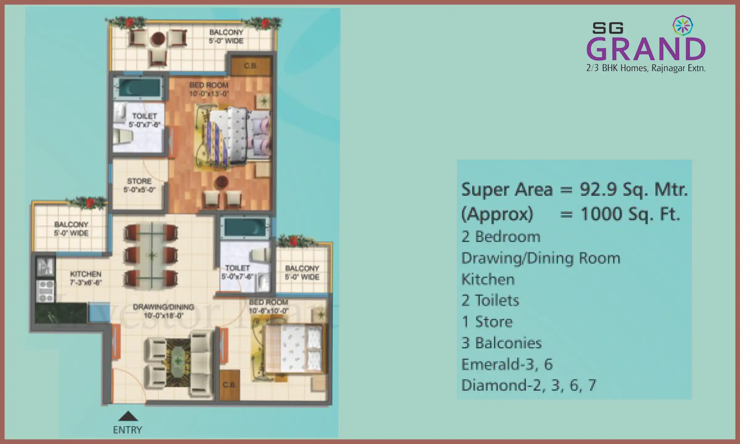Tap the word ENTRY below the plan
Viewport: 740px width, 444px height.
[x=127, y=430]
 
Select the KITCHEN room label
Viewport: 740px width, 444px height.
[x=85, y=274]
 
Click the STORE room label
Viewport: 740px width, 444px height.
[x=139, y=181]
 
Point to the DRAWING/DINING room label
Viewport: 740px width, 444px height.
[x=163, y=307]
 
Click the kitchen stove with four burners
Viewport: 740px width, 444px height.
[x=46, y=291]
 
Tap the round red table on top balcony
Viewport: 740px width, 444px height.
[x=158, y=39]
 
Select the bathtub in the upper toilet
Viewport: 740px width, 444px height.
[x=139, y=88]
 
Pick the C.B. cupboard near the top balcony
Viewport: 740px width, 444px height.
[x=251, y=66]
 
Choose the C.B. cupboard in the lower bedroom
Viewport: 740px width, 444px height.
[x=229, y=385]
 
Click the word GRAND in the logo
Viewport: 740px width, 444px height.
[x=646, y=49]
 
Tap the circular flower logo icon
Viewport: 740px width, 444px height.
[x=683, y=25]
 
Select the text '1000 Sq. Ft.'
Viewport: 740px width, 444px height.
[x=630, y=214]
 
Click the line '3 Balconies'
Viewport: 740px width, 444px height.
[x=501, y=343]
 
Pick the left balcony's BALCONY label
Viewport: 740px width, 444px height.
[x=71, y=225]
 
